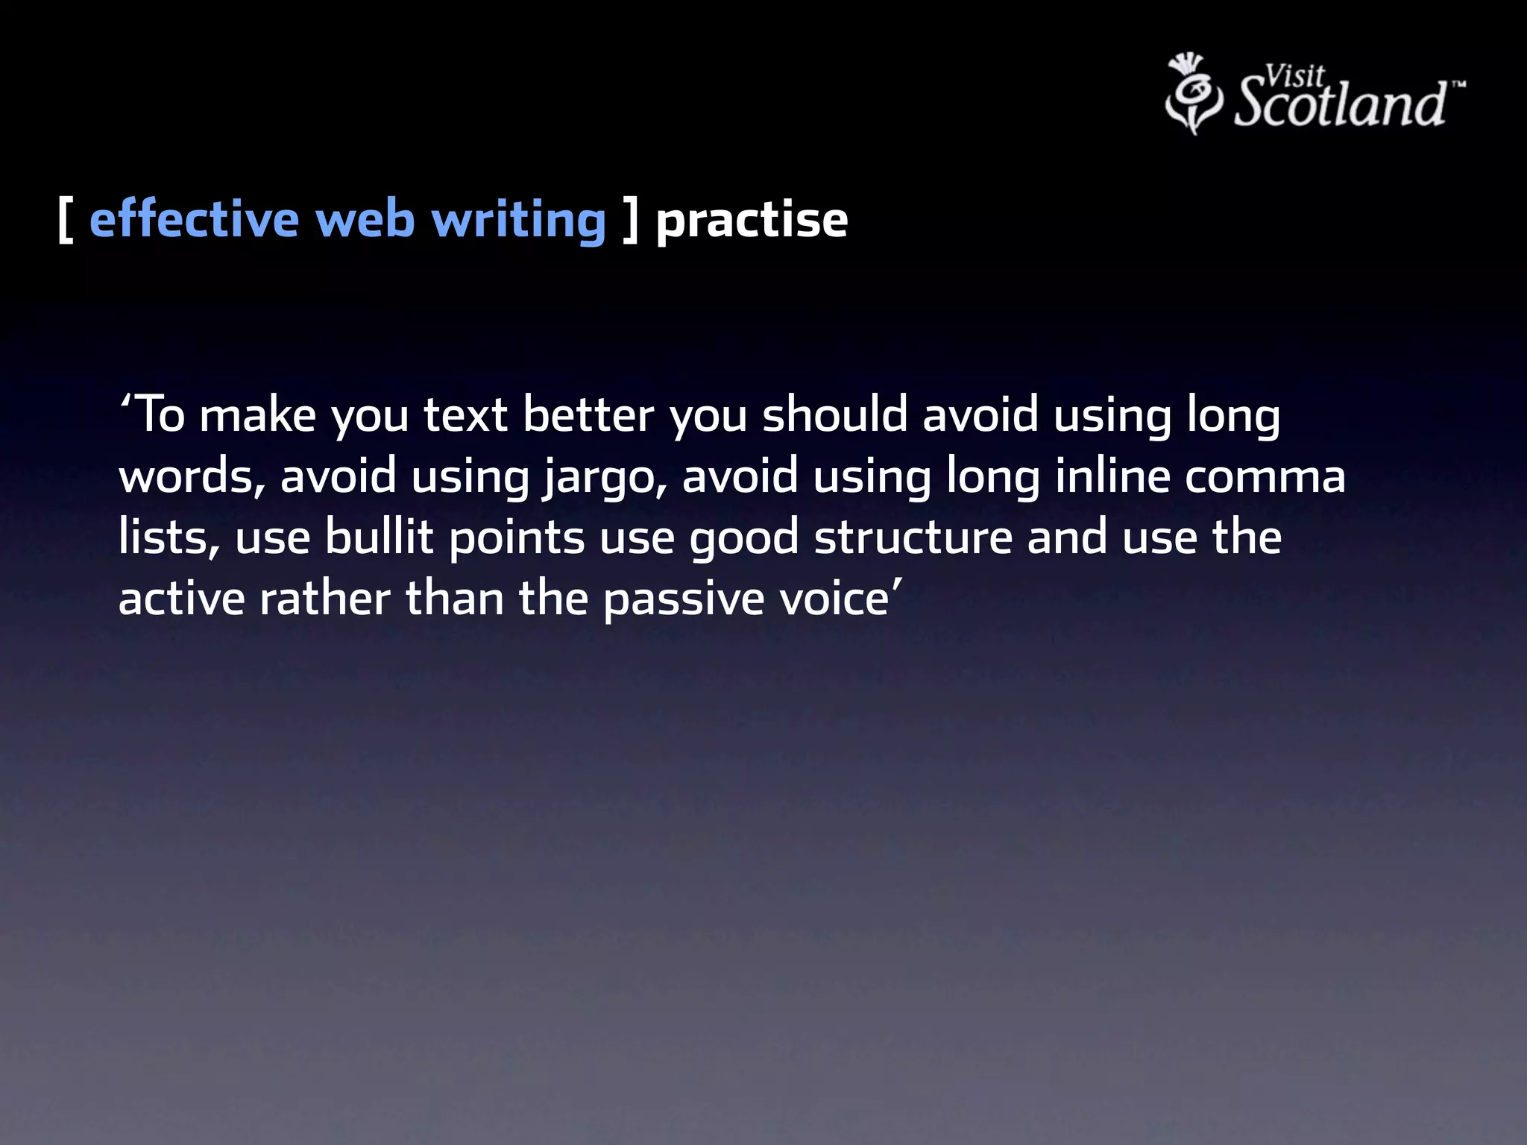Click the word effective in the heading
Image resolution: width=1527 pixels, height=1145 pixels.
point(194,221)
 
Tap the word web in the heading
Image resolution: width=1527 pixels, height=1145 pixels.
point(365,221)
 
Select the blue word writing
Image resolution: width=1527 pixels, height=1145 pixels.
point(519,221)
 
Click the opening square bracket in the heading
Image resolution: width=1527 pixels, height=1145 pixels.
point(66,221)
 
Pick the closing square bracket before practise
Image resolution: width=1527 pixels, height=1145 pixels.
point(631,221)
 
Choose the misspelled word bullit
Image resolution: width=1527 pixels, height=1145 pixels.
point(379,537)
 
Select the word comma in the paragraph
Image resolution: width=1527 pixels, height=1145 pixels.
point(1265,477)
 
